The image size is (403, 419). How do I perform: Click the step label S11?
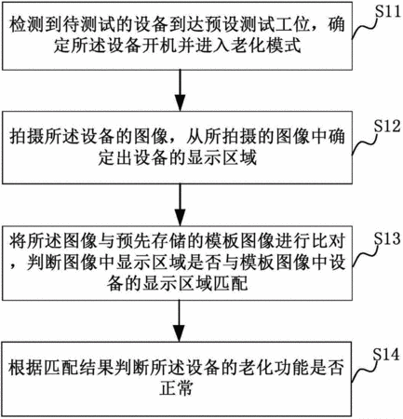coord(388,12)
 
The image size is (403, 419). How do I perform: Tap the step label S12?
coord(387,127)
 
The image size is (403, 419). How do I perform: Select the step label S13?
coord(387,238)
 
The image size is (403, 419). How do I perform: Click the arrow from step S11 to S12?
coord(180,90)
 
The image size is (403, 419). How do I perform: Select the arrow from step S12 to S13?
coord(180,205)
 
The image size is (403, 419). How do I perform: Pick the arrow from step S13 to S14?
coord(180,320)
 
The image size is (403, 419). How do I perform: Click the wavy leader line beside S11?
coord(365,28)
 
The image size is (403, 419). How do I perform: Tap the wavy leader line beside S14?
coord(364,371)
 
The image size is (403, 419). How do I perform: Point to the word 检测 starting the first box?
coord(26,24)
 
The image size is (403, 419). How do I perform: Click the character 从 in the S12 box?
coord(195,137)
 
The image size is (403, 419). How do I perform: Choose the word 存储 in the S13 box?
coord(168,242)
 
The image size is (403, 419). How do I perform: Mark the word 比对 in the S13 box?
coord(328,242)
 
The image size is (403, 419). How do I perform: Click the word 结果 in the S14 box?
coord(97,366)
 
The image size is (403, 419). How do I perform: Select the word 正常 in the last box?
coord(176,388)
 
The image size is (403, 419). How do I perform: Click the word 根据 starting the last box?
coord(25,366)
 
